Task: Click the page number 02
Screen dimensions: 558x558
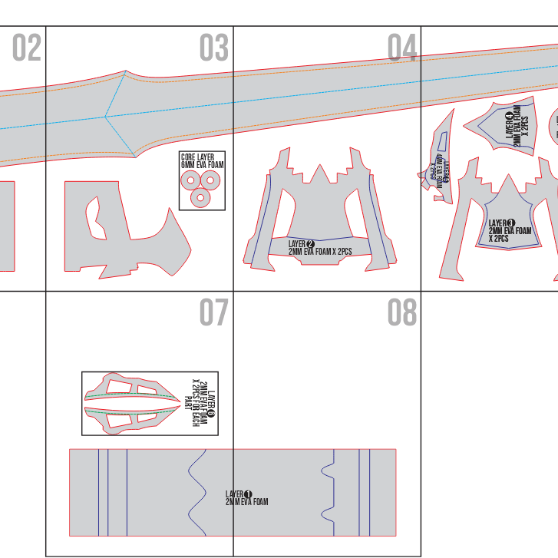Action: coord(26,48)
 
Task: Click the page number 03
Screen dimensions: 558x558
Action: coord(214,48)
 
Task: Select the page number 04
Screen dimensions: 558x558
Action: coord(402,48)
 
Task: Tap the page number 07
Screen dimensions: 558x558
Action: coord(214,313)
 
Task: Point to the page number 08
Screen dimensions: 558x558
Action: coord(402,313)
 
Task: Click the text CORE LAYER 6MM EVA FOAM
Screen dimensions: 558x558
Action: coord(202,160)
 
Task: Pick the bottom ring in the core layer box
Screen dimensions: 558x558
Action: coord(201,197)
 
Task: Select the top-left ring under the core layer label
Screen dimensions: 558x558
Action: coord(190,180)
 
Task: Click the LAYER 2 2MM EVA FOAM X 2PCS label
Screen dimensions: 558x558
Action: coord(319,247)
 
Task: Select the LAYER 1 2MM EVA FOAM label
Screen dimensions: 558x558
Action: coord(246,498)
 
